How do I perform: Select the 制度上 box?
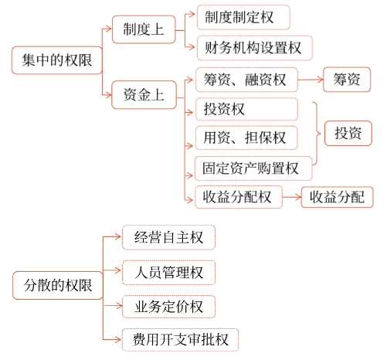(143, 30)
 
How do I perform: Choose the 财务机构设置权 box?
(253, 48)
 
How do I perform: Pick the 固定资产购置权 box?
(253, 168)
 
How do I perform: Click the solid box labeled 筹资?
(348, 80)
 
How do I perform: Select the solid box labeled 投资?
(348, 133)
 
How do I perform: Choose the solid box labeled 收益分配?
(337, 197)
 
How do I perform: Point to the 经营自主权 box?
(168, 238)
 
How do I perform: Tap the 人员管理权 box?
(168, 272)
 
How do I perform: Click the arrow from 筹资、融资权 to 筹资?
(311, 80)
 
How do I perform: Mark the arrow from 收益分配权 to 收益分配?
(290, 197)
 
